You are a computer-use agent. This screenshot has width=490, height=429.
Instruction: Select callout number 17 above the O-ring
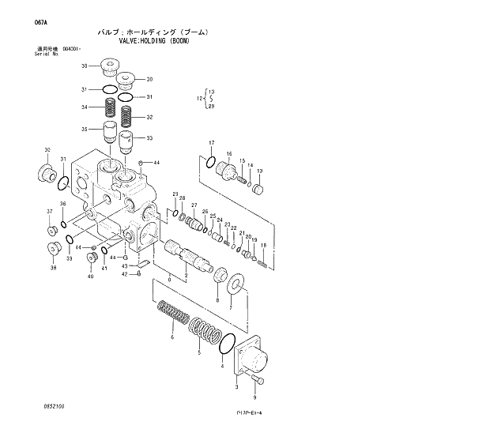click(x=211, y=142)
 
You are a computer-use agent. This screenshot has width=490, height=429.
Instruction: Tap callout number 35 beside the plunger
click(x=83, y=129)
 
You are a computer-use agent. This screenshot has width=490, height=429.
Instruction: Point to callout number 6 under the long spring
click(x=171, y=338)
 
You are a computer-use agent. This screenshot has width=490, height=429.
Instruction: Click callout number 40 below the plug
click(x=90, y=277)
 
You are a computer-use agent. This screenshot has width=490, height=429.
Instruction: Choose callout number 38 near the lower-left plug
click(x=54, y=269)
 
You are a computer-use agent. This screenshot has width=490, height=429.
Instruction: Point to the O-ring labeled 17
click(x=209, y=163)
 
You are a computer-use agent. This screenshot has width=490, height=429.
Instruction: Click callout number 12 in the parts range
click(x=200, y=98)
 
